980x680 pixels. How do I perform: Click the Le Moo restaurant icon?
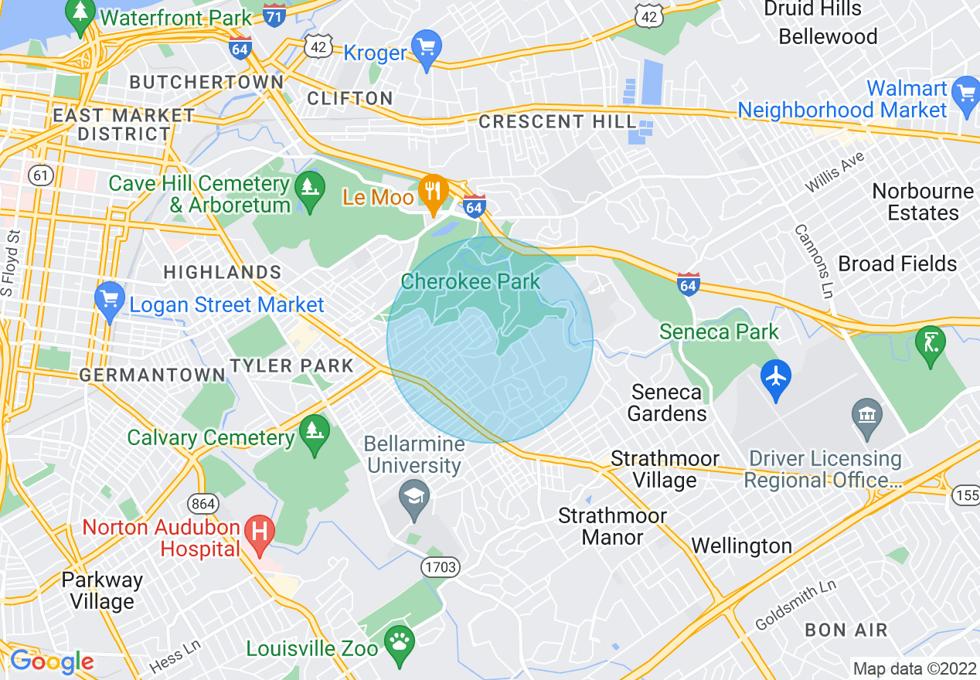(x=434, y=192)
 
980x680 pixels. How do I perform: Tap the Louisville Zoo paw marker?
(x=399, y=643)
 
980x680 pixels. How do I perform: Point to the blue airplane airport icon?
(x=776, y=378)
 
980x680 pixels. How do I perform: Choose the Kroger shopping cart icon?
(x=426, y=48)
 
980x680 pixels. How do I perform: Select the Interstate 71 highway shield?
(x=274, y=15)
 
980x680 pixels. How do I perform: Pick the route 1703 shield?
(x=441, y=568)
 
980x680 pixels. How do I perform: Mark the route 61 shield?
(x=41, y=175)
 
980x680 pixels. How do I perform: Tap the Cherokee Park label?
(x=471, y=281)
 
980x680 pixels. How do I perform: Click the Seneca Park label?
(x=719, y=332)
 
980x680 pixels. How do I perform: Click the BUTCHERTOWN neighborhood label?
(x=206, y=82)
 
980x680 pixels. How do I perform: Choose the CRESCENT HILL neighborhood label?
(x=557, y=121)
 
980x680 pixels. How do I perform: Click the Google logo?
(x=52, y=661)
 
